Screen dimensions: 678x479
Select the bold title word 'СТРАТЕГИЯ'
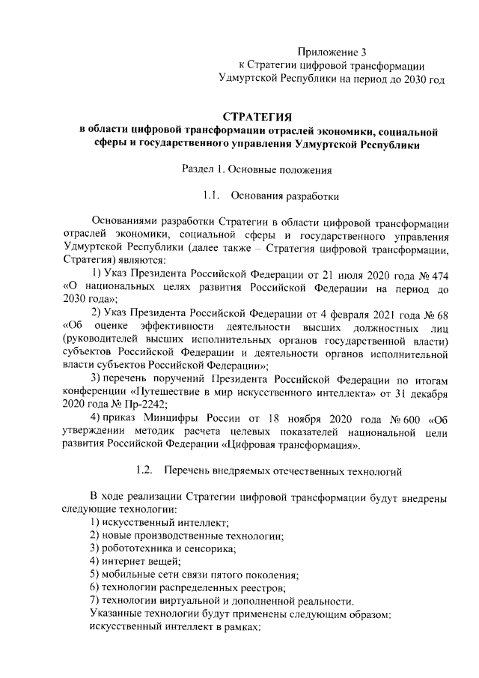click(257, 116)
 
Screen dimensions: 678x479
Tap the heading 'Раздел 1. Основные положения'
click(257, 170)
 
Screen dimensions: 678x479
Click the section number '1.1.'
click(210, 197)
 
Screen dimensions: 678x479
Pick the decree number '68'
click(442, 312)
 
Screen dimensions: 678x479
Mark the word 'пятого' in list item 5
click(224, 575)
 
